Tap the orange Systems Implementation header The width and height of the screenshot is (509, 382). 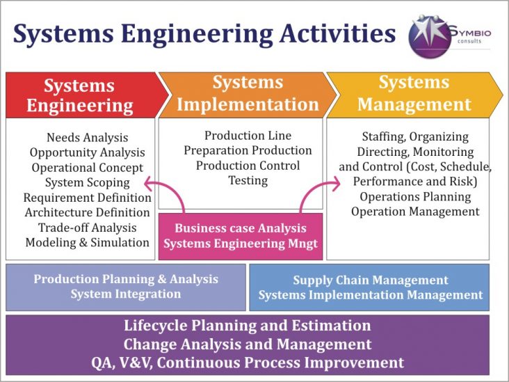[246, 94]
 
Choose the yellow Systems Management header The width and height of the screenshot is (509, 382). [414, 94]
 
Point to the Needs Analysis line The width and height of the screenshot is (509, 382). [87, 138]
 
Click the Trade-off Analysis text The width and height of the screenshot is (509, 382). [87, 228]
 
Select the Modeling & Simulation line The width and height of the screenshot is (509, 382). [87, 242]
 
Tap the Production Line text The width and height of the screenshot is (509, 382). [248, 136]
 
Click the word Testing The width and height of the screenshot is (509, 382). [248, 180]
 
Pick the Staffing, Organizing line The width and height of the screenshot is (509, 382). [415, 137]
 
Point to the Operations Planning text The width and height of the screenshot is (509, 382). [415, 197]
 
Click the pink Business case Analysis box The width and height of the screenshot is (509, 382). [241, 235]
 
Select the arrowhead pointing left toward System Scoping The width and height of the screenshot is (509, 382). [147, 182]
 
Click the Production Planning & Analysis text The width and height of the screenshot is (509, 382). [126, 279]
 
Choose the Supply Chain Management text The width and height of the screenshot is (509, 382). [370, 280]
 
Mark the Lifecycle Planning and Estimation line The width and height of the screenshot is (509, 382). [247, 326]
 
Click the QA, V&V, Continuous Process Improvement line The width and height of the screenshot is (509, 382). [247, 363]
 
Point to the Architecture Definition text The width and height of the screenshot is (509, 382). [87, 212]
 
